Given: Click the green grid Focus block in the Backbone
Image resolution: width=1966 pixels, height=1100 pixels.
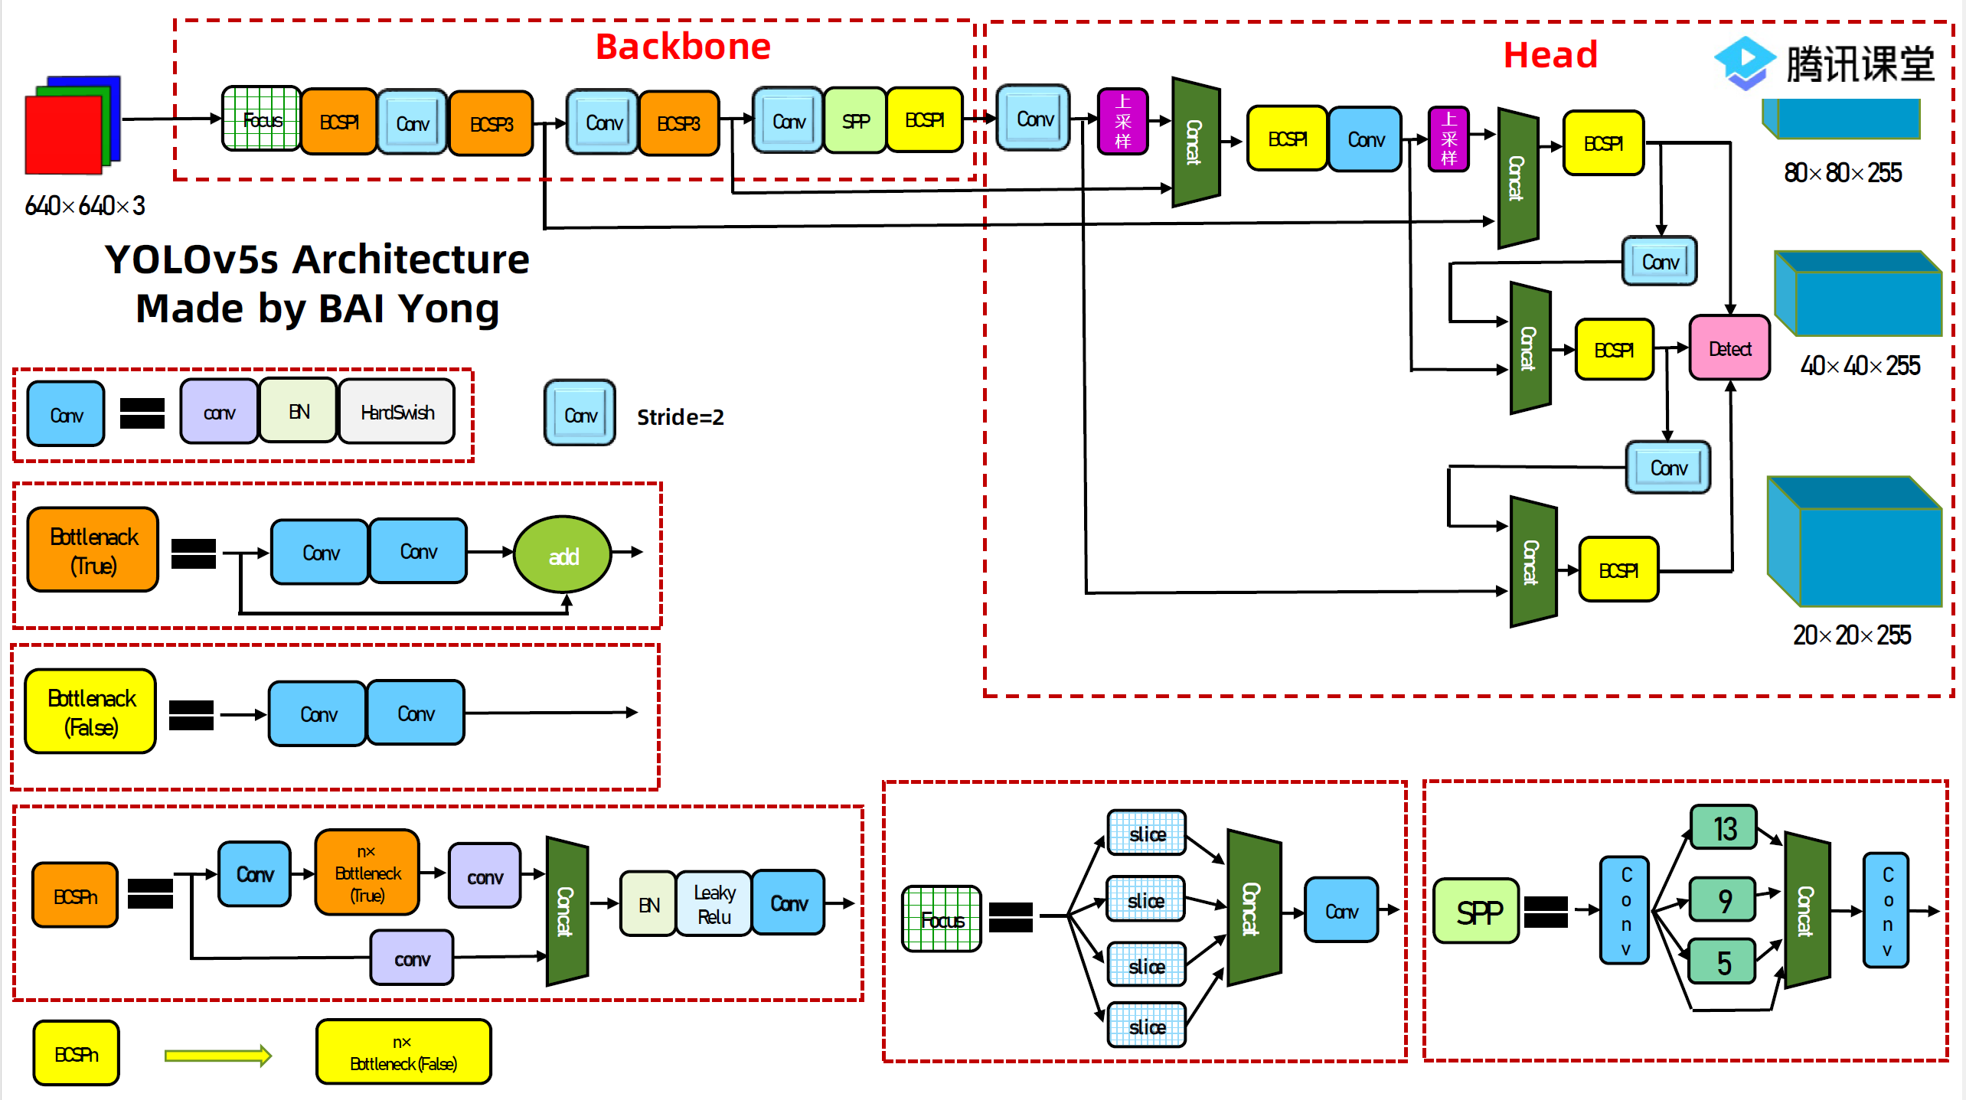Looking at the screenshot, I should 261,119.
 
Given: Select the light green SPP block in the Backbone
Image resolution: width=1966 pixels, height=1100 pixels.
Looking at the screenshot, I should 855,121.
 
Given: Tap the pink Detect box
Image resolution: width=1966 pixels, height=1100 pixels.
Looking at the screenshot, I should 1729,348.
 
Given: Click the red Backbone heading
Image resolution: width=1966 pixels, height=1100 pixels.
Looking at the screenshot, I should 683,47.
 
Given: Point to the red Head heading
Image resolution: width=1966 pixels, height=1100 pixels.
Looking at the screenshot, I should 1550,55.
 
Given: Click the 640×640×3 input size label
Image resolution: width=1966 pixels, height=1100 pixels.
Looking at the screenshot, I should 85,205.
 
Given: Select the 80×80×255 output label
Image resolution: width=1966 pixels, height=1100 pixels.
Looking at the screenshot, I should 1843,173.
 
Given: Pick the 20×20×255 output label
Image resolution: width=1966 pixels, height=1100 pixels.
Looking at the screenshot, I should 1851,635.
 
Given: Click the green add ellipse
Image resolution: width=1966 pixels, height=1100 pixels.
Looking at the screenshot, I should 563,555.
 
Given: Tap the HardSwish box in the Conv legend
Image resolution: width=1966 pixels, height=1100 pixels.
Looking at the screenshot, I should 397,413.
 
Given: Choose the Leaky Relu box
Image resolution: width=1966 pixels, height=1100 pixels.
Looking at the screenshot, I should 714,904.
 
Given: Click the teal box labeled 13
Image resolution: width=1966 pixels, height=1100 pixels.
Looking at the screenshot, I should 1724,828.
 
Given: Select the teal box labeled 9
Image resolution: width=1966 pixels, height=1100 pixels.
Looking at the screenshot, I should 1724,900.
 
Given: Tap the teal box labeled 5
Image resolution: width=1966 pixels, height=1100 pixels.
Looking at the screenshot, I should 1723,962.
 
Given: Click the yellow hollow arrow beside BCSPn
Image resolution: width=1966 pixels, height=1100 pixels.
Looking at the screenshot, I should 218,1056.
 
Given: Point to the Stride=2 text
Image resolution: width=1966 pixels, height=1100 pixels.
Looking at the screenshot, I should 680,417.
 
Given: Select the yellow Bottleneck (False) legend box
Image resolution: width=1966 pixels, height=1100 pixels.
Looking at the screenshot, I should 91,712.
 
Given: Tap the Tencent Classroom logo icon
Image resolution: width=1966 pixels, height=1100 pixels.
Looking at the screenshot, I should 1745,63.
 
